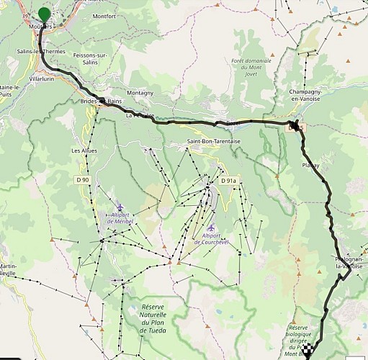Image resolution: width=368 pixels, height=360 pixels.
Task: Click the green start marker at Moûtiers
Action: [x=45, y=15]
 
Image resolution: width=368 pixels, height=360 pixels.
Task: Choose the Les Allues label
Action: [x=84, y=150]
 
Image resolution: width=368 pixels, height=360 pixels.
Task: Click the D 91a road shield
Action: [x=229, y=181]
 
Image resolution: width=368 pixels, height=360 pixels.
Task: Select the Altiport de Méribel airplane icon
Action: [x=120, y=207]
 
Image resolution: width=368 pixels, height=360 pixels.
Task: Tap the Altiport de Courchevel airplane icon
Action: [x=210, y=228]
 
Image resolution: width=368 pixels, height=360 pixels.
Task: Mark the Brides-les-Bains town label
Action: [x=102, y=102]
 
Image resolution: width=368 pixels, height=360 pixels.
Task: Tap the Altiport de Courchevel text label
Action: [x=211, y=239]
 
